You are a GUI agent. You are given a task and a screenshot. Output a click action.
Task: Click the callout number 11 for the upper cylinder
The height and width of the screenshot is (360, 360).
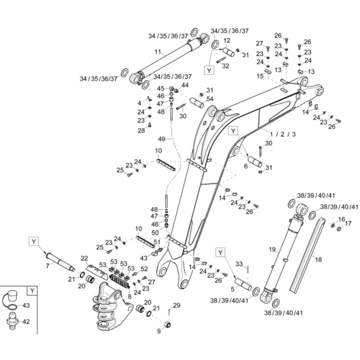point(157,52)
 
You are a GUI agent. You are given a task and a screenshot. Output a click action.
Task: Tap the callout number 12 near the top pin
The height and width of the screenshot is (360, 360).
point(227,41)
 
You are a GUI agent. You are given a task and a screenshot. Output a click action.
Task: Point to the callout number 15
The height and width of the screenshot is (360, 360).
point(260,76)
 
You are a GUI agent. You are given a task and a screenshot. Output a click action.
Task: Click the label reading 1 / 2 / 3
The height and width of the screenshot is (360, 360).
point(283,134)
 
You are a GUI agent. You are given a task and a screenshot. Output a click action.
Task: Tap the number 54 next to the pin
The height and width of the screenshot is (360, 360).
point(210,99)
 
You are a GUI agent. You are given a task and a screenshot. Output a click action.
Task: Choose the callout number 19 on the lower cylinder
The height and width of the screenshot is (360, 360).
point(272,249)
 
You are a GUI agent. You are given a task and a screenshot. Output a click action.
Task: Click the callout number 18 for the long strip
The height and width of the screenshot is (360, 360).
point(318,259)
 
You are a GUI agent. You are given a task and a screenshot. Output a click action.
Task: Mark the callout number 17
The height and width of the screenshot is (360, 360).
point(348,224)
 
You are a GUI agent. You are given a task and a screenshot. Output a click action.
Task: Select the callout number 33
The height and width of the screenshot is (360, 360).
point(239,264)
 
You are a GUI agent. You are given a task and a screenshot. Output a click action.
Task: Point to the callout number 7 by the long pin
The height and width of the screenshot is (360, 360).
point(47,266)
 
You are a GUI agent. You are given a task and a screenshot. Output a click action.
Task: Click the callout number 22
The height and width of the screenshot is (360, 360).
point(84,258)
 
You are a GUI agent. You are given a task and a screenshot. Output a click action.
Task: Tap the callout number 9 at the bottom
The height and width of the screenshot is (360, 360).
point(159,331)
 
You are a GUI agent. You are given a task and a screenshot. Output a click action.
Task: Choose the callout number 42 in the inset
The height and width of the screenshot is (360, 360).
point(26,322)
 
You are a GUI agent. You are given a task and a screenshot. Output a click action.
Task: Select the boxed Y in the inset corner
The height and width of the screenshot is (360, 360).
point(32,291)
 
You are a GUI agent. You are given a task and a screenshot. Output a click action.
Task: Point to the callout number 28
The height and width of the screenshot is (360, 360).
point(141,131)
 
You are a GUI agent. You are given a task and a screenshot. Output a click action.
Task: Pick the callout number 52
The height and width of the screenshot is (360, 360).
point(144,269)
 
